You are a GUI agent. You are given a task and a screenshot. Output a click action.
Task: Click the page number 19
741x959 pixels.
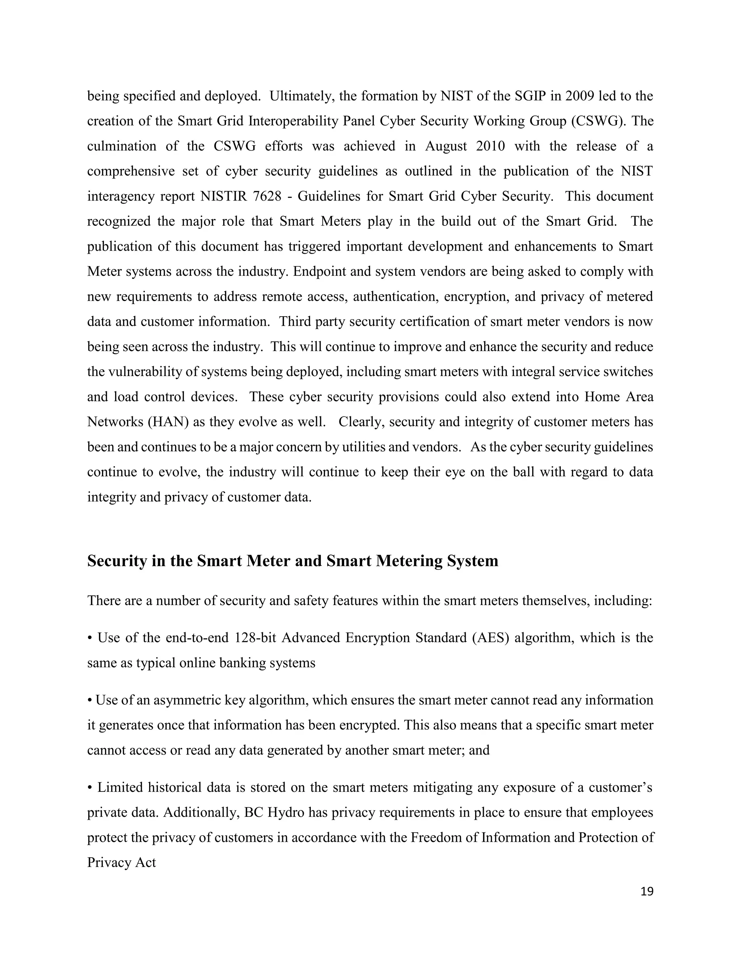pos(647,891)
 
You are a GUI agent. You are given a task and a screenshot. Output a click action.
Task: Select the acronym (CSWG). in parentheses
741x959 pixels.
pos(599,121)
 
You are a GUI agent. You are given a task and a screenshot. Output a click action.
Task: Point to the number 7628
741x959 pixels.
pos(267,196)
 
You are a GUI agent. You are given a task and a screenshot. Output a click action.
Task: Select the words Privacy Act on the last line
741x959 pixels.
pos(122,862)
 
